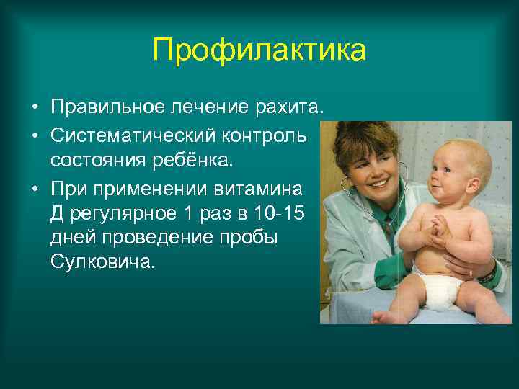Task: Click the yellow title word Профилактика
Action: coord(259,51)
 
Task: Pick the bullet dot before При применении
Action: coord(35,189)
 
